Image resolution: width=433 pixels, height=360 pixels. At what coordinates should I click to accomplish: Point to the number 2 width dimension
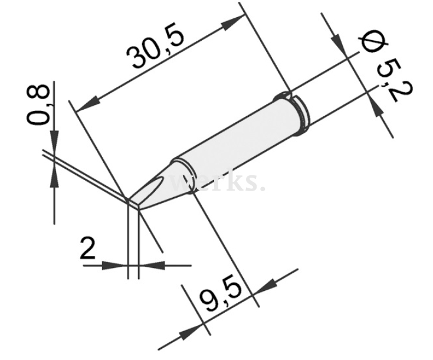click(87, 250)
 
